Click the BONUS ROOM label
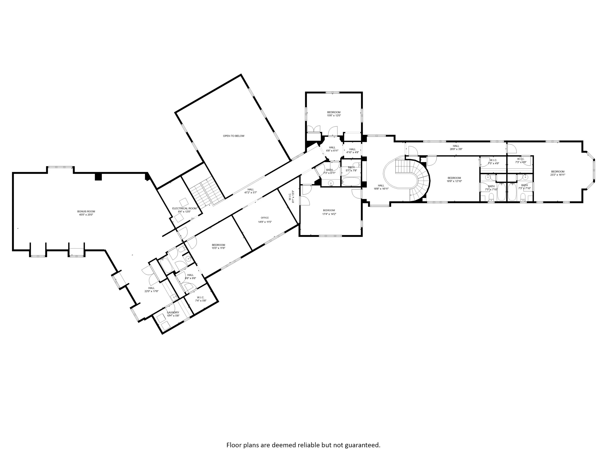(x=86, y=212)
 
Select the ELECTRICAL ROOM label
(x=184, y=208)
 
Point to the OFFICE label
(x=265, y=218)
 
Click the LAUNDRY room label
(x=173, y=312)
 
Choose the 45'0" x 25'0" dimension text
(x=86, y=215)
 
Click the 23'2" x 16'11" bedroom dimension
(x=558, y=175)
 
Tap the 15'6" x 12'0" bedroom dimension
(x=334, y=116)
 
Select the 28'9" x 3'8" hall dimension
(x=456, y=149)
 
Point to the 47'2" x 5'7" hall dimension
(x=251, y=193)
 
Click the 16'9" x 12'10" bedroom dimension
(x=454, y=181)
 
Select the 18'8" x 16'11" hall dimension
(x=381, y=189)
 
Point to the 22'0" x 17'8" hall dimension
(x=152, y=291)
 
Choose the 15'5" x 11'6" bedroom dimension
(x=218, y=248)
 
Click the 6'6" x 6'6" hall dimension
(x=190, y=278)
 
